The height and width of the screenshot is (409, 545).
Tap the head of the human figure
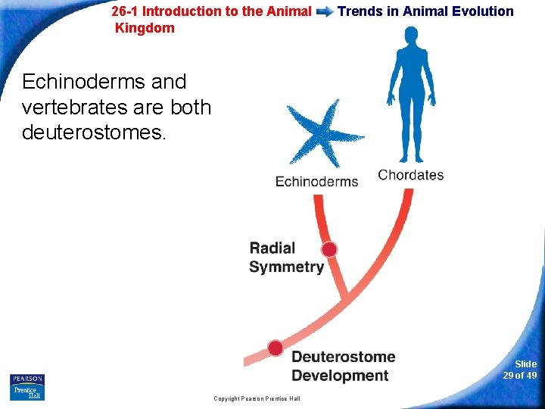(x=410, y=35)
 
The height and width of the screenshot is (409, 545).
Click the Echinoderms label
(x=316, y=181)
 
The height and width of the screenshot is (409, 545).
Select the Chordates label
(x=410, y=175)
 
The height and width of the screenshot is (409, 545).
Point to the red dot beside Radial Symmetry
(x=329, y=249)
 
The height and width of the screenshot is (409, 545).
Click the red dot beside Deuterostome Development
(x=276, y=348)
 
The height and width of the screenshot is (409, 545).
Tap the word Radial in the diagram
(x=272, y=248)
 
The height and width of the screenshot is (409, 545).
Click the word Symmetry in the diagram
(x=286, y=267)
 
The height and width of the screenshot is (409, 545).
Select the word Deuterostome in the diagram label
(x=343, y=357)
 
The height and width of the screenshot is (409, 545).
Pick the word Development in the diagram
(x=340, y=376)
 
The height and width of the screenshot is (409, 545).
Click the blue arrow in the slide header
(x=324, y=12)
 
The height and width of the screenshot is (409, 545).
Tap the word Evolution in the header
(x=485, y=11)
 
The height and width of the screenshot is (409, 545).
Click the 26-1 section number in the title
(x=125, y=11)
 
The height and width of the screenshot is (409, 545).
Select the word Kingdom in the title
(x=145, y=28)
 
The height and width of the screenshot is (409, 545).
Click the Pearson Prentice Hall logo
(x=27, y=386)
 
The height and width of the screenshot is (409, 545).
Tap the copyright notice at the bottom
(x=257, y=398)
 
